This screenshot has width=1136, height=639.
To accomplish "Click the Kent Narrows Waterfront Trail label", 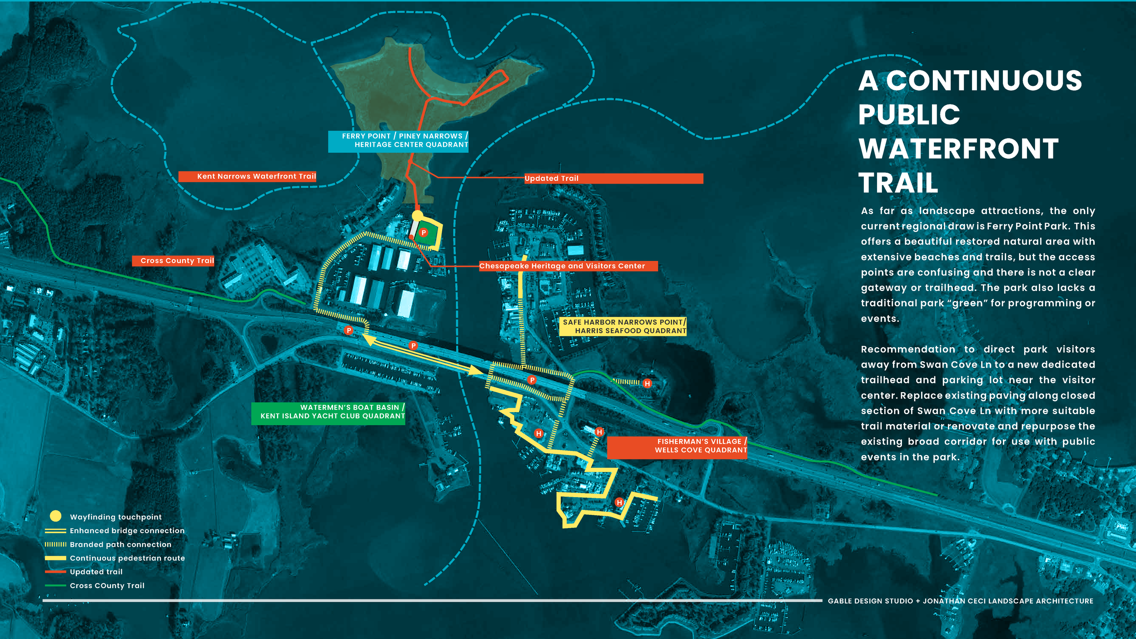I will pos(247,176).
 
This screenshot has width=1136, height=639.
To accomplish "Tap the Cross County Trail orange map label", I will pos(173,261).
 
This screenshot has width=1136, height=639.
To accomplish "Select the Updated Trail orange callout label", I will pos(613,179).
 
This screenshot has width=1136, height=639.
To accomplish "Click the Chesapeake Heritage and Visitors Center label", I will pos(568,266).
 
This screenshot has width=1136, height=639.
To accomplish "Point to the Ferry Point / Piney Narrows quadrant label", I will pos(398,140).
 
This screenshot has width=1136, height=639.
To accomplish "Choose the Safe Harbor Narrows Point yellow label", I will pos(623,326).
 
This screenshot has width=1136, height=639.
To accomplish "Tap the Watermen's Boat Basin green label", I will pos(328,412).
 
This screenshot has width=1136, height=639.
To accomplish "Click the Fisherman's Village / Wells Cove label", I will pos(677,446).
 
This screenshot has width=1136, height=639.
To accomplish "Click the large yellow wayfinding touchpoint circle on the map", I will pos(417,215).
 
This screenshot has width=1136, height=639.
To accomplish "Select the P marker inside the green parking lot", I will pos(424,233).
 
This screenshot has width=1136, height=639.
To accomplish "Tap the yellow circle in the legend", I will pos(55,516).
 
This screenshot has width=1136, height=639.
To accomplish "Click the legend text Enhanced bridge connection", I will pos(127,531).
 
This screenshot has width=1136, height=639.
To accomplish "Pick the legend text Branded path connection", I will pos(120,544).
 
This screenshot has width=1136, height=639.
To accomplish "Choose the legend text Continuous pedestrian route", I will pos(127,558).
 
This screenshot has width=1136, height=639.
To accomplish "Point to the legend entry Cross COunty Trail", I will pos(107,586).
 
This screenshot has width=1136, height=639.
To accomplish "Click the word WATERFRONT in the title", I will pos(959,149).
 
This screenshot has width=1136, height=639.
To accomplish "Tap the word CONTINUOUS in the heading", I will pos(984,81).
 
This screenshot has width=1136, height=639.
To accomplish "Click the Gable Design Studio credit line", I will pos(961,601).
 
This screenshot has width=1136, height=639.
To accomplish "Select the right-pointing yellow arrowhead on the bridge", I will pos(476,370).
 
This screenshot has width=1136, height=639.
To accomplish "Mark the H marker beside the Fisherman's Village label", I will pos(599,432).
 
